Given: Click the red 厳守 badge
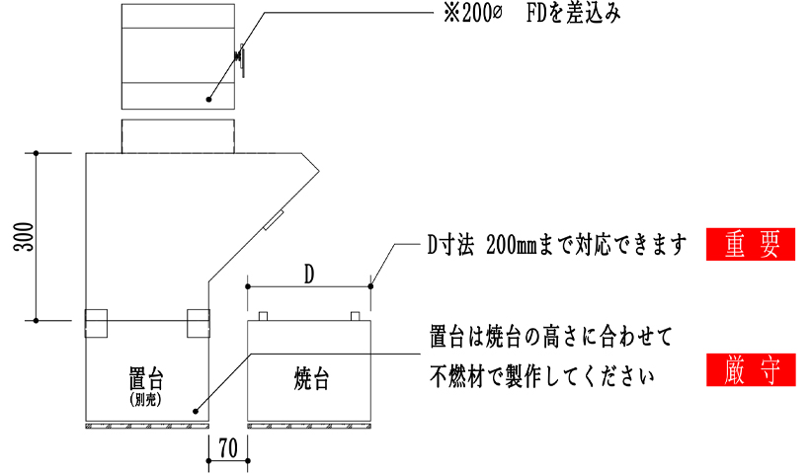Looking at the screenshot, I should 751,370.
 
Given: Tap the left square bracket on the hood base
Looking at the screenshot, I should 97,323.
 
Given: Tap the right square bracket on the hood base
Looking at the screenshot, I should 199,323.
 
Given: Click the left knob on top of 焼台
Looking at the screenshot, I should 263,316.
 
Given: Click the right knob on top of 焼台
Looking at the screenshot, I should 355,316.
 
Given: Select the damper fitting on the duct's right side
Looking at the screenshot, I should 240,59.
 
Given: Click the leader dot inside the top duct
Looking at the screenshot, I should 209,98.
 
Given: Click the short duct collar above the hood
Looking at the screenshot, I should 178,136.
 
